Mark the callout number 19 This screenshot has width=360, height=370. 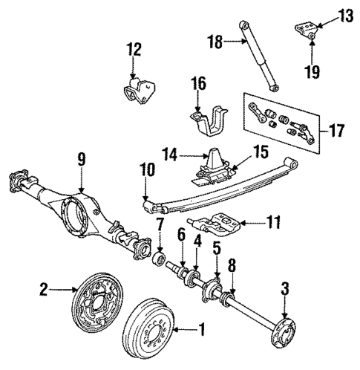pos(312,71)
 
